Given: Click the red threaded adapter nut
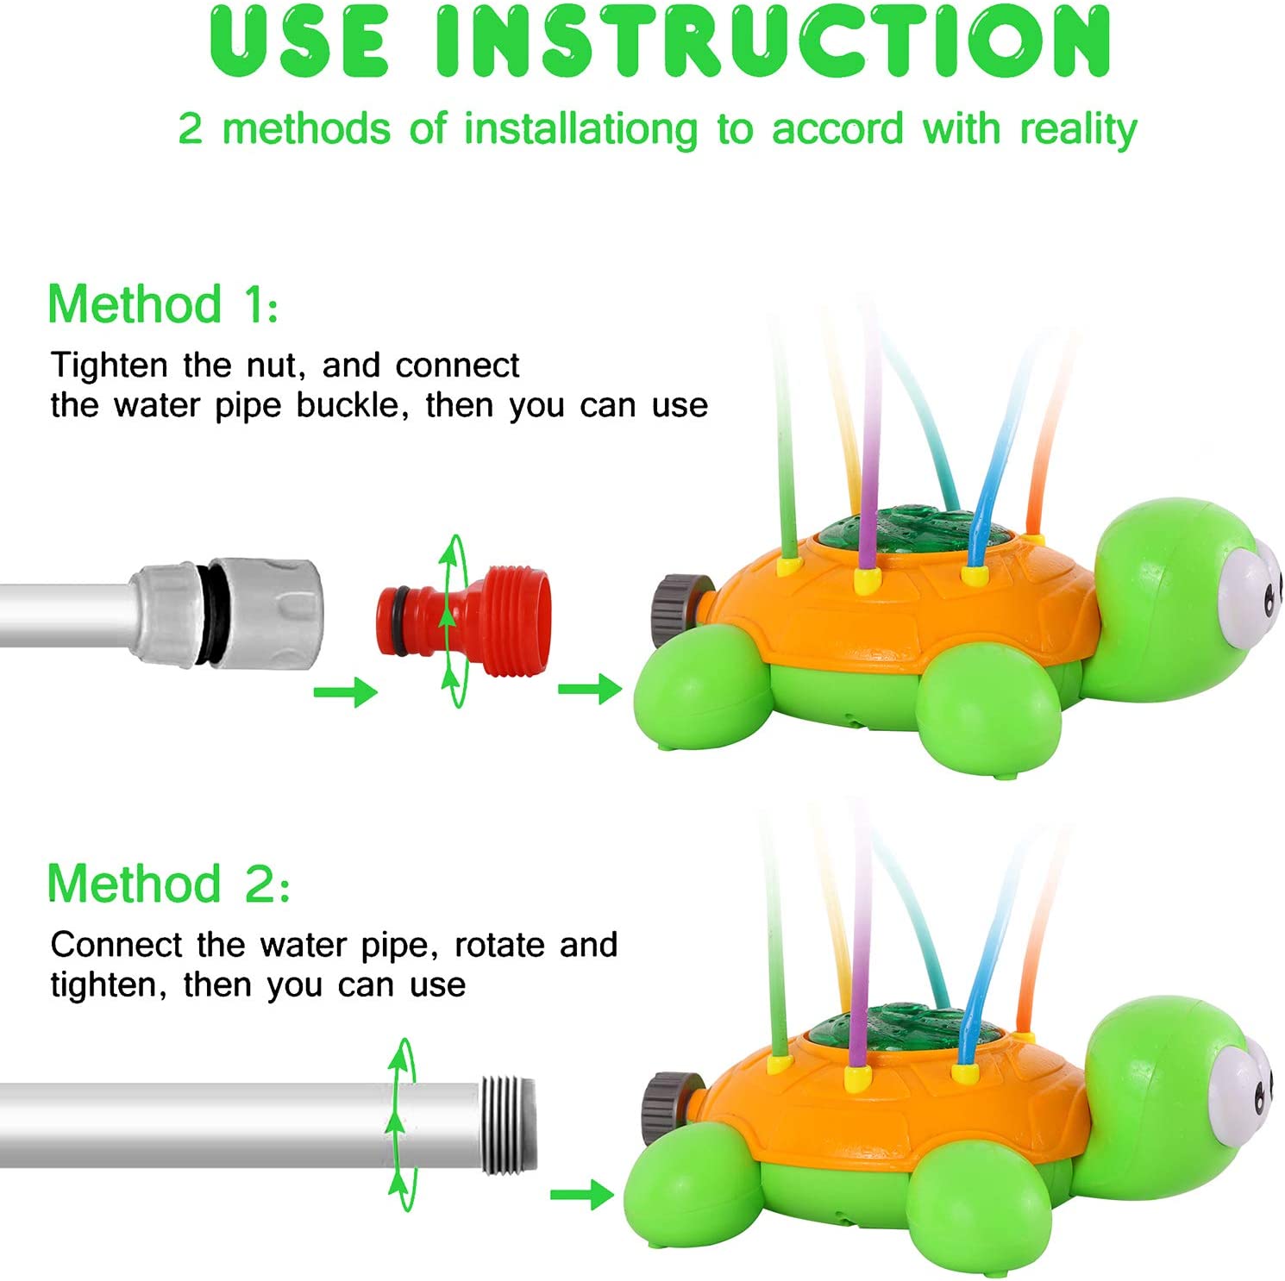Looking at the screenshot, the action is [463, 620].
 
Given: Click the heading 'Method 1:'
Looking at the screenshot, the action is [163, 304].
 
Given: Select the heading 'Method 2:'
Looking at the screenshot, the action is [168, 884].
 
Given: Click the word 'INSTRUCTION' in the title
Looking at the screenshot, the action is [773, 41].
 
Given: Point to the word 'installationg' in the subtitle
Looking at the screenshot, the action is [580, 129].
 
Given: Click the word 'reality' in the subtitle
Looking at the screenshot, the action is [1078, 129].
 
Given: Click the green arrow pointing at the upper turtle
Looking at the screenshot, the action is [590, 689].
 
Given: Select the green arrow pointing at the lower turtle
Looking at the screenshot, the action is [582, 1194].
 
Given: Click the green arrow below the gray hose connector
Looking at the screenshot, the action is [346, 691].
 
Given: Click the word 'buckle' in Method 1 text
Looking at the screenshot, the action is [353, 405].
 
